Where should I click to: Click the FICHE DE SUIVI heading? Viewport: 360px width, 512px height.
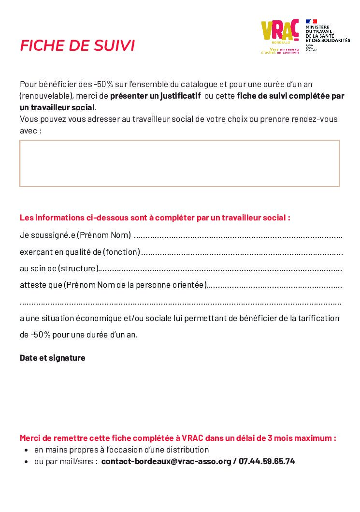pos(77,45)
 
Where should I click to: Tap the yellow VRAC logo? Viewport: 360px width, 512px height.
pos(280,32)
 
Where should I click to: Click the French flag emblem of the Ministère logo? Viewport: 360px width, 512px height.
pos(311,22)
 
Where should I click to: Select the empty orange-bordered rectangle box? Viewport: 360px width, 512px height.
pos(179,163)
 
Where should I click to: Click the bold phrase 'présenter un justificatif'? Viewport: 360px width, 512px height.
pos(155,96)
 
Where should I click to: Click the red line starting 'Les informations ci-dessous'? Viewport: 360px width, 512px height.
pos(155,218)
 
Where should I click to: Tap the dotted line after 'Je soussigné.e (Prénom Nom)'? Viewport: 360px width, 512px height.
pos(238,236)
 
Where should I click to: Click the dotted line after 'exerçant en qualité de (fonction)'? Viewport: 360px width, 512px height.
pos(242,252)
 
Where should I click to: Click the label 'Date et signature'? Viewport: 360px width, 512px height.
pos(52,358)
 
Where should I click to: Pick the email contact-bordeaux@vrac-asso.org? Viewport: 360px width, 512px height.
pos(166,461)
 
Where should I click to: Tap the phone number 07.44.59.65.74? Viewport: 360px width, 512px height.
pos(267,461)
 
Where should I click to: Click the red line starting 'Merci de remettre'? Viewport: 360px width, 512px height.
pos(178,439)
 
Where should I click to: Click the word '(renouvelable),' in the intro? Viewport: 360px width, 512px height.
pos(47,96)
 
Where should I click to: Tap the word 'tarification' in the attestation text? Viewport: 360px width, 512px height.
pos(319,318)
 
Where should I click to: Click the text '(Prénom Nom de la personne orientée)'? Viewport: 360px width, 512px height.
pos(135,285)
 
